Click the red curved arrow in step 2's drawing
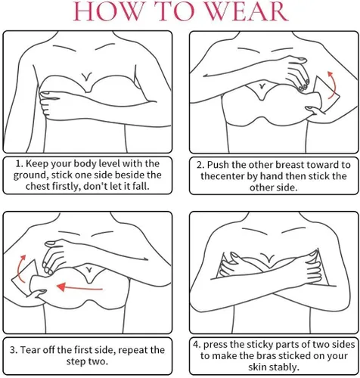(x=333, y=85)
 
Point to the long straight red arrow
(x=79, y=287)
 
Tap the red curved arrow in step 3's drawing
(x=21, y=268)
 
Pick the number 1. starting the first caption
(x=20, y=163)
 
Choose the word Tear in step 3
(x=30, y=350)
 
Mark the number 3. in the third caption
(x=14, y=350)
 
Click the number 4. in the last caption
(x=197, y=345)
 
